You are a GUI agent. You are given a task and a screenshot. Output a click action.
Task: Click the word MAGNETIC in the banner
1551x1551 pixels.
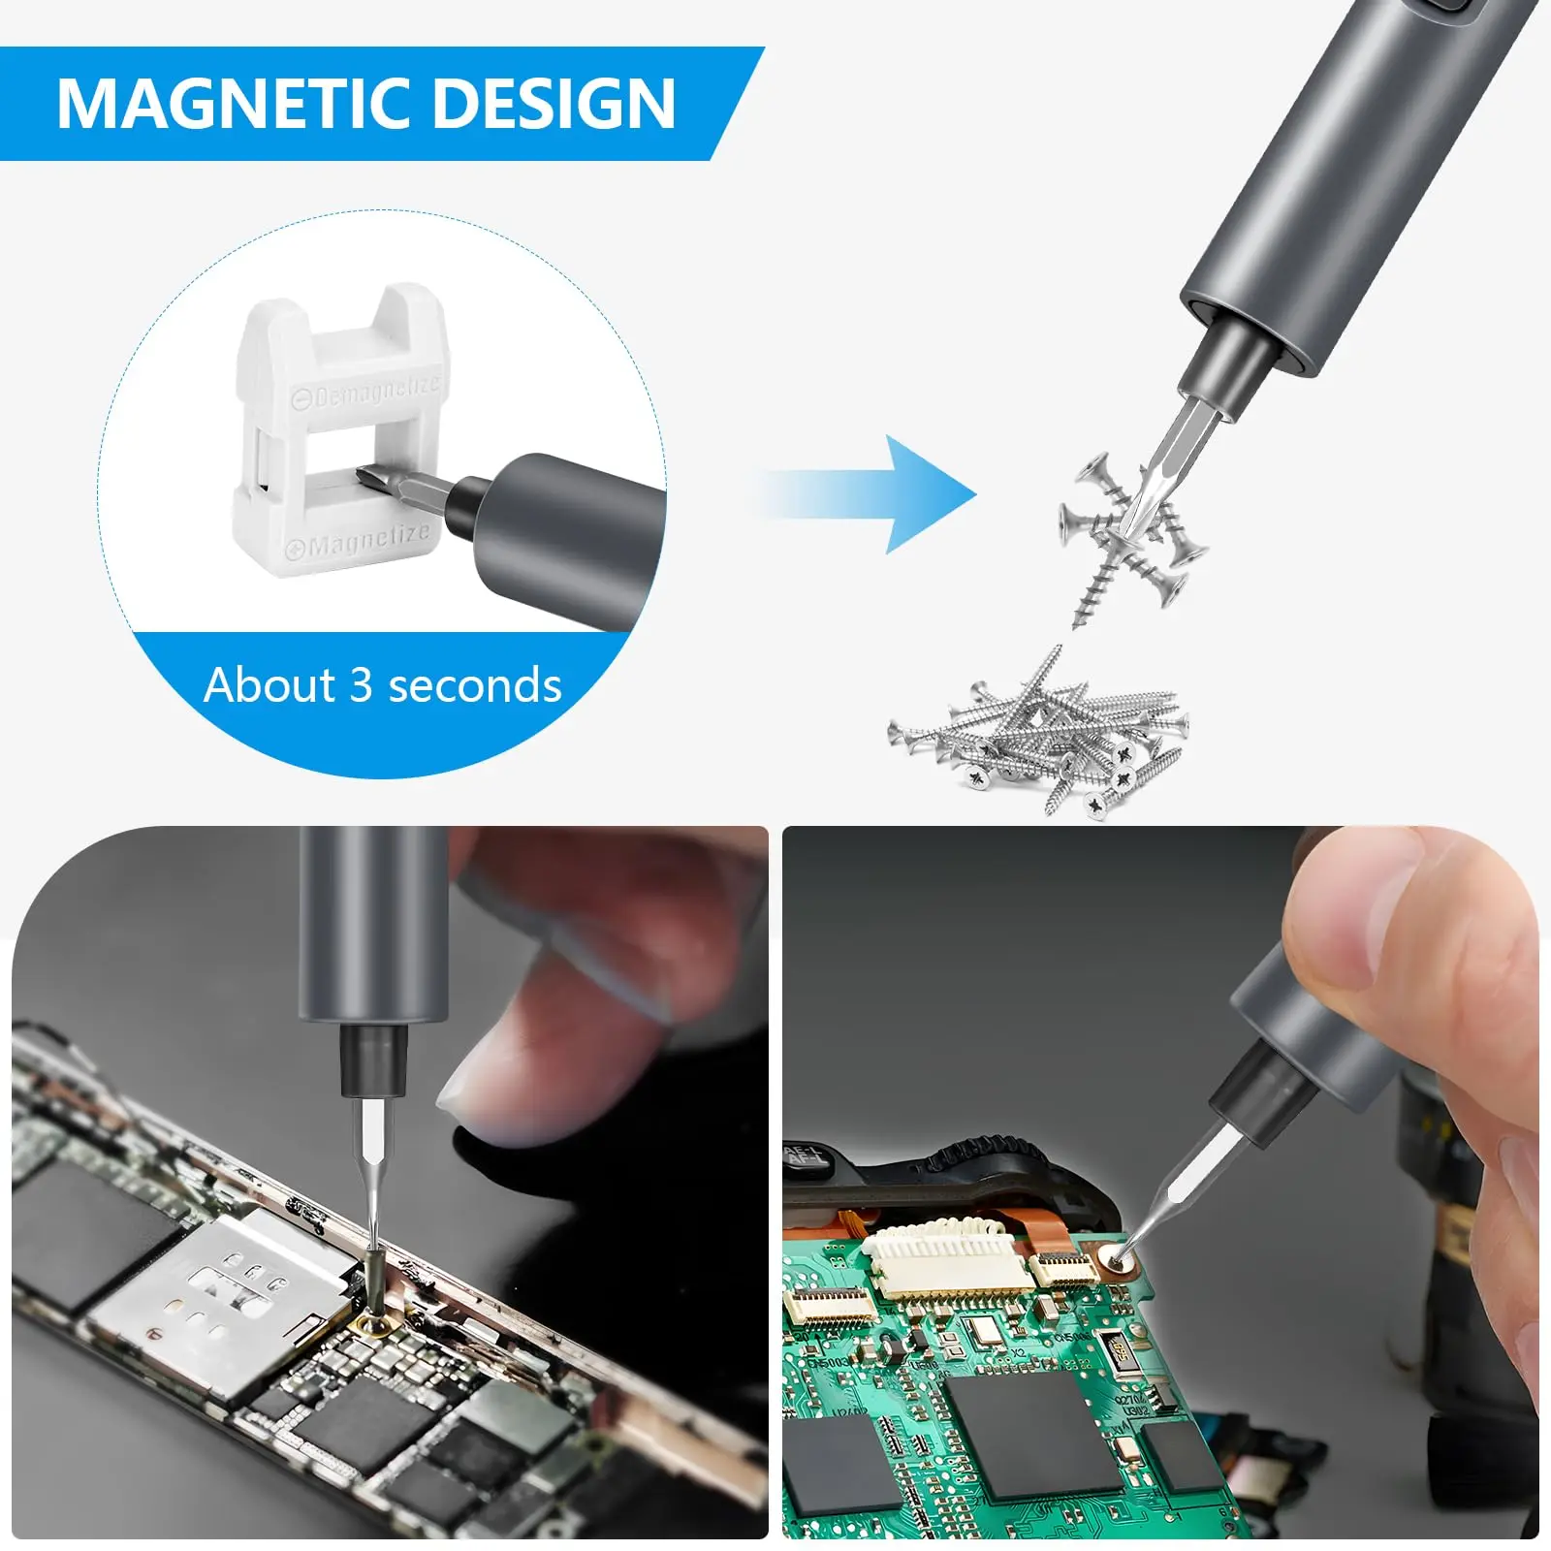229,104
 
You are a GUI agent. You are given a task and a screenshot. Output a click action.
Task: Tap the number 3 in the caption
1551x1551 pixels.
361,685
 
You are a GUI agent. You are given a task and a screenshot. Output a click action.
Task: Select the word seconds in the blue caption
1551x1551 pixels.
474,685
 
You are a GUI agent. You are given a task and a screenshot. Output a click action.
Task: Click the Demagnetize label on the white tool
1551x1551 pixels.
368,393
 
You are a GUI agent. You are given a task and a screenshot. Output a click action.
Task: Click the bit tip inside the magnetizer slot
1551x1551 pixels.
373,477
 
